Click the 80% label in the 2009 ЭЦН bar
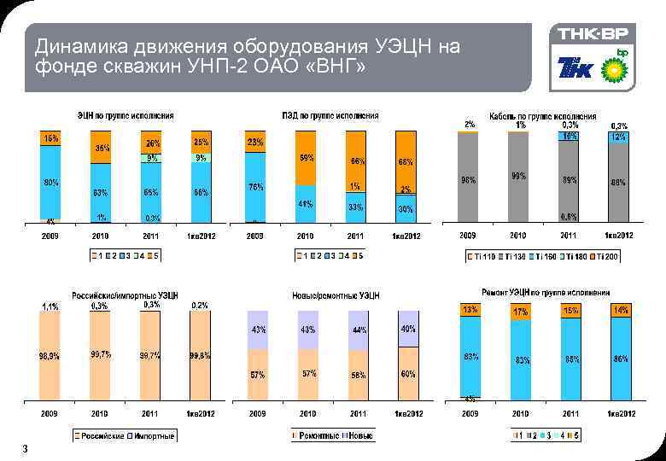(x=51, y=182)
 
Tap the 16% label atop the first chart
(x=51, y=137)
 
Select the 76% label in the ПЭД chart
(x=255, y=187)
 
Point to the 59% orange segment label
(x=305, y=158)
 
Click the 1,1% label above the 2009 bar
(x=50, y=306)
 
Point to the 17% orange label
(x=520, y=312)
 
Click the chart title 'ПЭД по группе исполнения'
(x=330, y=115)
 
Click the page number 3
(x=26, y=449)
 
